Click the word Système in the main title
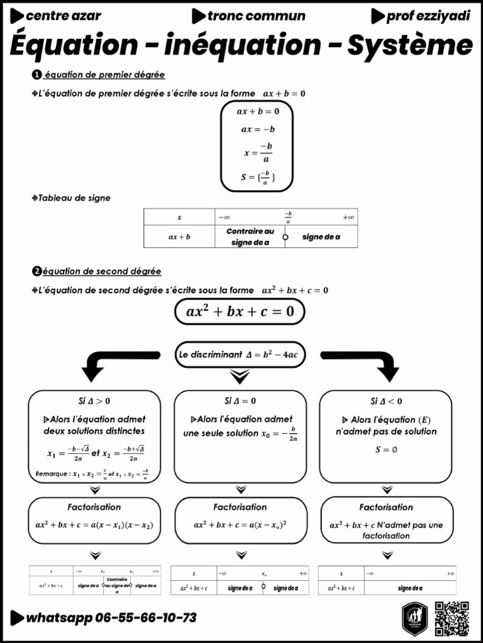coord(410,46)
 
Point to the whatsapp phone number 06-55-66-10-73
coord(145,618)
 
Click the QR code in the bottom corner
coord(452,618)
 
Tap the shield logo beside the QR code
coord(415,618)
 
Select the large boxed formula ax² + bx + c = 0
coord(240,311)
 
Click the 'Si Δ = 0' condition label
coord(240,401)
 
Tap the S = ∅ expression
coord(386,450)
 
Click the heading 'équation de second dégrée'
coord(101,271)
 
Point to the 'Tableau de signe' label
coord(74,198)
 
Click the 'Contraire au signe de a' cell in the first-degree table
coord(250,237)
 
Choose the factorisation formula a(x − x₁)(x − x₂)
coord(94,525)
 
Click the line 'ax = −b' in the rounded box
coord(258,130)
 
